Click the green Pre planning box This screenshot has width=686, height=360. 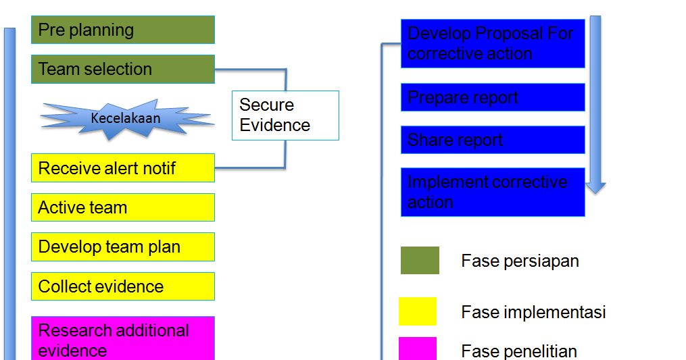point(122,30)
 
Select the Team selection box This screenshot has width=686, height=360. point(122,69)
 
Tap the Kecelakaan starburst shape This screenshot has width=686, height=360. point(126,118)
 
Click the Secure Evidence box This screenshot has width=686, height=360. point(285,115)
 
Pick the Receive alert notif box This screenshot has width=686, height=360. point(122,168)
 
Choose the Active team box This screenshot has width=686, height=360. point(122,207)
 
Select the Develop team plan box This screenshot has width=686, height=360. point(122,247)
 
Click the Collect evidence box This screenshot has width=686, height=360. point(122,286)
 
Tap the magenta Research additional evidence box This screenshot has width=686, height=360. point(122,339)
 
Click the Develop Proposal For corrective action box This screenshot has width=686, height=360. point(492,43)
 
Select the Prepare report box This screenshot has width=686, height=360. point(492,97)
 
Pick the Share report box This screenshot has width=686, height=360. point(492,140)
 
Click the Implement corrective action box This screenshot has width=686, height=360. point(492,192)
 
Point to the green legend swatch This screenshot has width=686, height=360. point(420,260)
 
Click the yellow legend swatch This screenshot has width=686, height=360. point(417,311)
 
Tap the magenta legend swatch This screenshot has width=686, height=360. point(417,349)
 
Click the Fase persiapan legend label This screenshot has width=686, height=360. point(520,261)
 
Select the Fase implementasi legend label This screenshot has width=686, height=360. point(533,312)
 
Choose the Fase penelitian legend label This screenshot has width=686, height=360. point(519,351)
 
